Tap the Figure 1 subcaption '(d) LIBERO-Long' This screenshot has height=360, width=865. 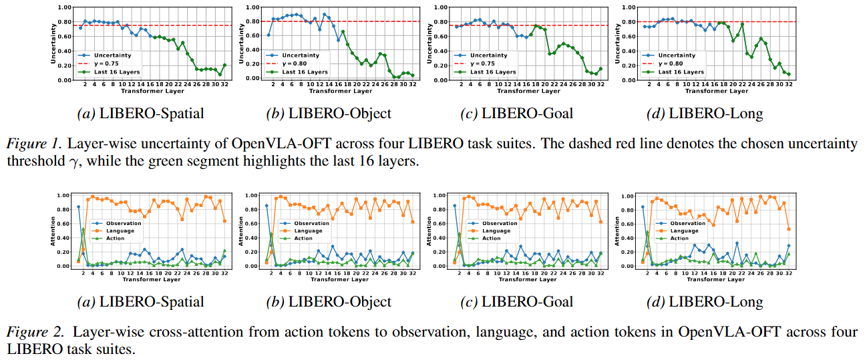coord(705,114)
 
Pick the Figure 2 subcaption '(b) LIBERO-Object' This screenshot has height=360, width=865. coord(329,302)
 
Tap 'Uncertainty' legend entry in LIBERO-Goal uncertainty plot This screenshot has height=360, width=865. coord(487,56)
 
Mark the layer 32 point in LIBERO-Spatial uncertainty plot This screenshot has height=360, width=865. coord(224,65)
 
